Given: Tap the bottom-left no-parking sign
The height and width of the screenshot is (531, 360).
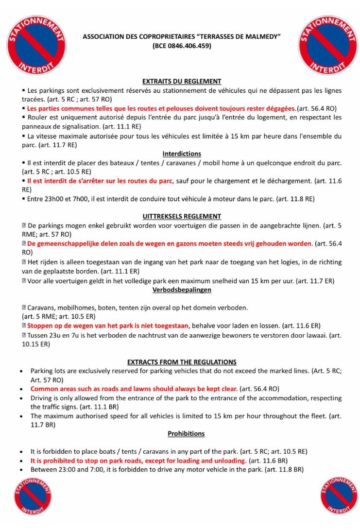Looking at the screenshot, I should tap(33, 496).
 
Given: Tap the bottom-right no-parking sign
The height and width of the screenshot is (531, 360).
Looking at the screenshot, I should tap(339, 496).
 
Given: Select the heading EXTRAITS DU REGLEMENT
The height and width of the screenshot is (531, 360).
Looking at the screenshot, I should tap(182, 81).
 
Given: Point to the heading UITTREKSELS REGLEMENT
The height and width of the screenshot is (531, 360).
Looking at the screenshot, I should tap(182, 216).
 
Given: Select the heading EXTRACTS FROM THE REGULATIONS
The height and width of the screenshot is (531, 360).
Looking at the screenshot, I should tap(182, 362).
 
